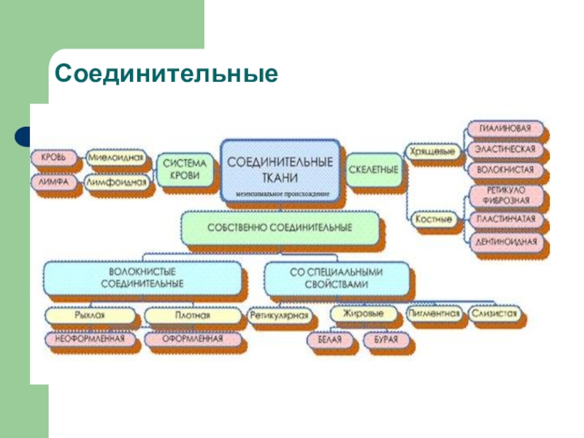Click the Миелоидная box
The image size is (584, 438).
click(x=115, y=157)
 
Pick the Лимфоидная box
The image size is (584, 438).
click(x=117, y=182)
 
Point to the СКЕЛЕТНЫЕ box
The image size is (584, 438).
click(x=374, y=169)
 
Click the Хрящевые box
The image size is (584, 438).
click(x=433, y=152)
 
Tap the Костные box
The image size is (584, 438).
click(x=433, y=218)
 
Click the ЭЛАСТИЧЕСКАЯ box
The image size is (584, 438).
click(x=505, y=150)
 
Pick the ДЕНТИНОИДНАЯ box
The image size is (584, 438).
click(x=507, y=241)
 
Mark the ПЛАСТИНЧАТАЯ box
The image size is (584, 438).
click(x=507, y=219)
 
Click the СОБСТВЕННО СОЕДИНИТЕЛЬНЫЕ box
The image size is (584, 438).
click(x=280, y=228)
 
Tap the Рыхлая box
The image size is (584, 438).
click(x=90, y=316)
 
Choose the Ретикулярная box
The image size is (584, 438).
click(x=280, y=317)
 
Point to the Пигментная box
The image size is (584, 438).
click(x=434, y=315)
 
